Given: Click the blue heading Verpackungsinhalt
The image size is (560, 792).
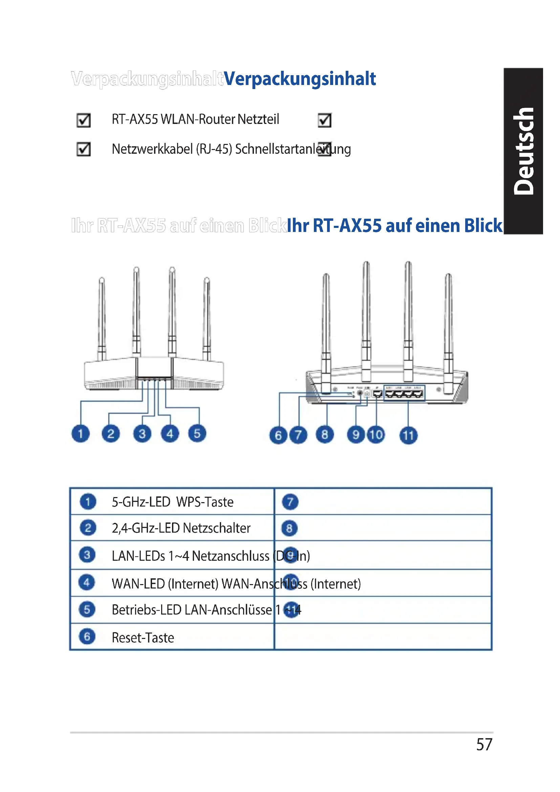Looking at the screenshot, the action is click(299, 79).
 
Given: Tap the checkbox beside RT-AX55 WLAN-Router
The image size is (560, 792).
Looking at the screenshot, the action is click(83, 121).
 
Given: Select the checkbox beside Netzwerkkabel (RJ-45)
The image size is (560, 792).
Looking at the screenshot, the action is click(83, 149).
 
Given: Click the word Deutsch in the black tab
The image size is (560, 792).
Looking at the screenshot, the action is click(523, 151).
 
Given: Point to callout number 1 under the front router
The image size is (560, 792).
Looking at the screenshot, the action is click(80, 434).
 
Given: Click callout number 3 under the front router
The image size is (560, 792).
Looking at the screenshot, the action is click(142, 434).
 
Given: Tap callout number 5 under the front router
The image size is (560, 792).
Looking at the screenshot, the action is click(197, 434).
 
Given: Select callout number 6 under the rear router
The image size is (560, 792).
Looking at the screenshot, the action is click(278, 435).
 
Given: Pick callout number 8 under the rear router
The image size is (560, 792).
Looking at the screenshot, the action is click(324, 435).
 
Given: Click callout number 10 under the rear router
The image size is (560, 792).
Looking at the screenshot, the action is click(376, 435).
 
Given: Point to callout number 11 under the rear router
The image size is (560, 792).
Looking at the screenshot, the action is click(408, 435).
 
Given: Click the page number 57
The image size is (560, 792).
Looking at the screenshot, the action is click(484, 744).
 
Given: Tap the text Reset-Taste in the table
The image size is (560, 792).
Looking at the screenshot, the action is click(143, 638).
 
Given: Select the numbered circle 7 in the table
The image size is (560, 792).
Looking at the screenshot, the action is click(290, 502).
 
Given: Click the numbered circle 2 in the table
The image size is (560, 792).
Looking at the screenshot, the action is click(88, 528).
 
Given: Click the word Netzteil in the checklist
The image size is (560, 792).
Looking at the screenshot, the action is click(258, 119).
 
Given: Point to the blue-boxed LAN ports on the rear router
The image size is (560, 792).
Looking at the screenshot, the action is click(404, 393).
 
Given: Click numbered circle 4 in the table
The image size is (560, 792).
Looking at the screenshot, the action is click(87, 583).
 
